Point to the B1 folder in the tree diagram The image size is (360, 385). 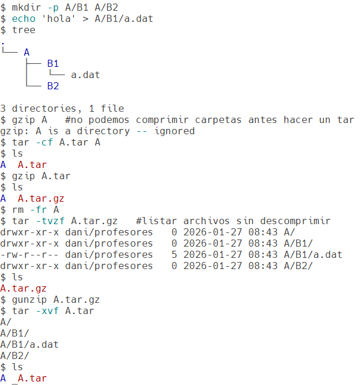coord(53,64)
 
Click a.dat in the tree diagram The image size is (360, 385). coord(85,75)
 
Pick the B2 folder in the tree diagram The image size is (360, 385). coord(53,86)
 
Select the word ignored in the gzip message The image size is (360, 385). coord(174,131)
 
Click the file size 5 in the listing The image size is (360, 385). coord(174,255)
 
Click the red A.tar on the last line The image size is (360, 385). coord(32,378)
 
